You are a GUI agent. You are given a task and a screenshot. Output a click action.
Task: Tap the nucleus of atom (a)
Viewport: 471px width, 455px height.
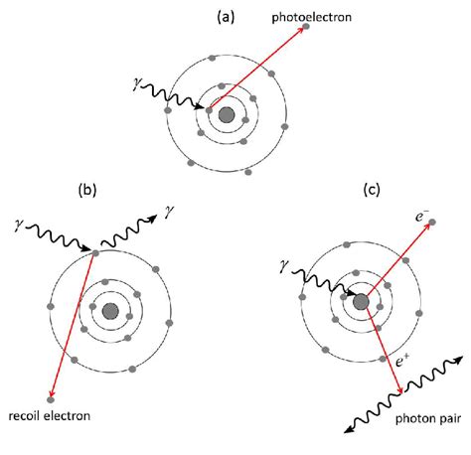coord(227,115)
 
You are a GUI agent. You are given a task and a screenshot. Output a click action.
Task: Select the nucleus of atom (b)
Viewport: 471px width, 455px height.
coord(110,311)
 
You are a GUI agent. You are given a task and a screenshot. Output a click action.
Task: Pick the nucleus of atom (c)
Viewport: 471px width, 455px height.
coord(360,301)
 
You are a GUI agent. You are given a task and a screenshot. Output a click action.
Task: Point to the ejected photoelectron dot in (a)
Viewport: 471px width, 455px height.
coord(306,27)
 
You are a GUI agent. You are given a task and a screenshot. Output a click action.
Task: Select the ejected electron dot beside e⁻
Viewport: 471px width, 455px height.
coord(431,224)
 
